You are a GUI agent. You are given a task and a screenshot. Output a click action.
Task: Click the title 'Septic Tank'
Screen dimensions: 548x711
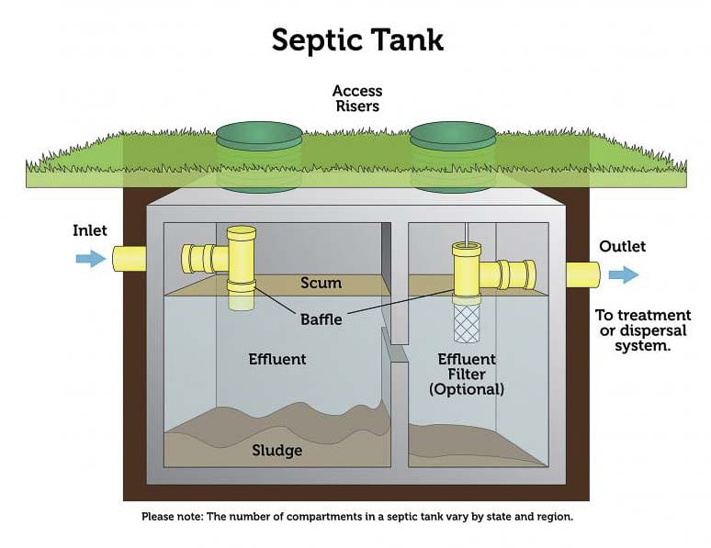pos(357,39)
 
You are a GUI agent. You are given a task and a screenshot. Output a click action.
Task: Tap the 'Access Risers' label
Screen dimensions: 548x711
pos(356,98)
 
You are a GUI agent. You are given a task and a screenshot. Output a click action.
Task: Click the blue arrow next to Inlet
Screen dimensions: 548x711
pos(90,259)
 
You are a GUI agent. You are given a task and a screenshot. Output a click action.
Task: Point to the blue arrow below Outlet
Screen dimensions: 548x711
pos(624,274)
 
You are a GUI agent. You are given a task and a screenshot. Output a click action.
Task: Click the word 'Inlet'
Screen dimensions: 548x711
pos(91,230)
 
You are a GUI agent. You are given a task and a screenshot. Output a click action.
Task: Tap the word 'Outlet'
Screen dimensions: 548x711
pos(622,246)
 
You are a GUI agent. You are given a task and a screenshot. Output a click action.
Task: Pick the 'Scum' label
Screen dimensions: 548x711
pos(321,283)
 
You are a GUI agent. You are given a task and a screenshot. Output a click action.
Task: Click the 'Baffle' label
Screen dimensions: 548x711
pos(322,319)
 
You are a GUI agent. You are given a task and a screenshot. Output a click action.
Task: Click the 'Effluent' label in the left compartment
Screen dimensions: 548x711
pos(276,358)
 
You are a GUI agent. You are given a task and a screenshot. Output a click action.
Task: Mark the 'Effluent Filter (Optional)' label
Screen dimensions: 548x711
pos(467,374)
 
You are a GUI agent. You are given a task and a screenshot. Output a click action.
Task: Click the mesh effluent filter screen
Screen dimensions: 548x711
pos(467,323)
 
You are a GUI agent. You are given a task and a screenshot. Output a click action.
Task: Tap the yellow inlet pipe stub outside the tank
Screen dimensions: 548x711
pos(129,258)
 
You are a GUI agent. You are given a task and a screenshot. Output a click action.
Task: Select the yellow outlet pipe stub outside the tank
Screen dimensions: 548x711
pos(581,274)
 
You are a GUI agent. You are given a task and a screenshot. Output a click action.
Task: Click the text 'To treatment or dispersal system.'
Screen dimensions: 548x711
pos(643,330)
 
